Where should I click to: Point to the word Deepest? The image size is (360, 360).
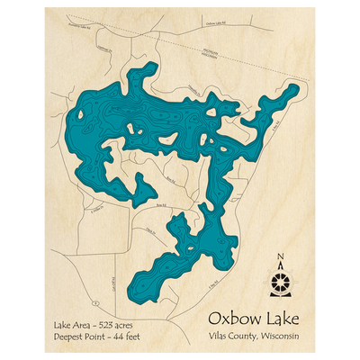pyautogui.click(x=70, y=335)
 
